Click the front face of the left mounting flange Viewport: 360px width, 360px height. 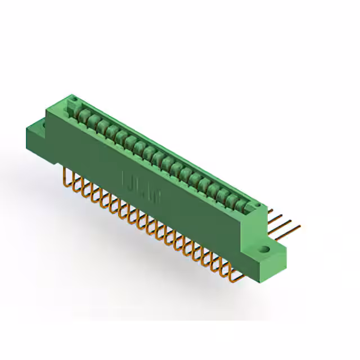tap(37, 136)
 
